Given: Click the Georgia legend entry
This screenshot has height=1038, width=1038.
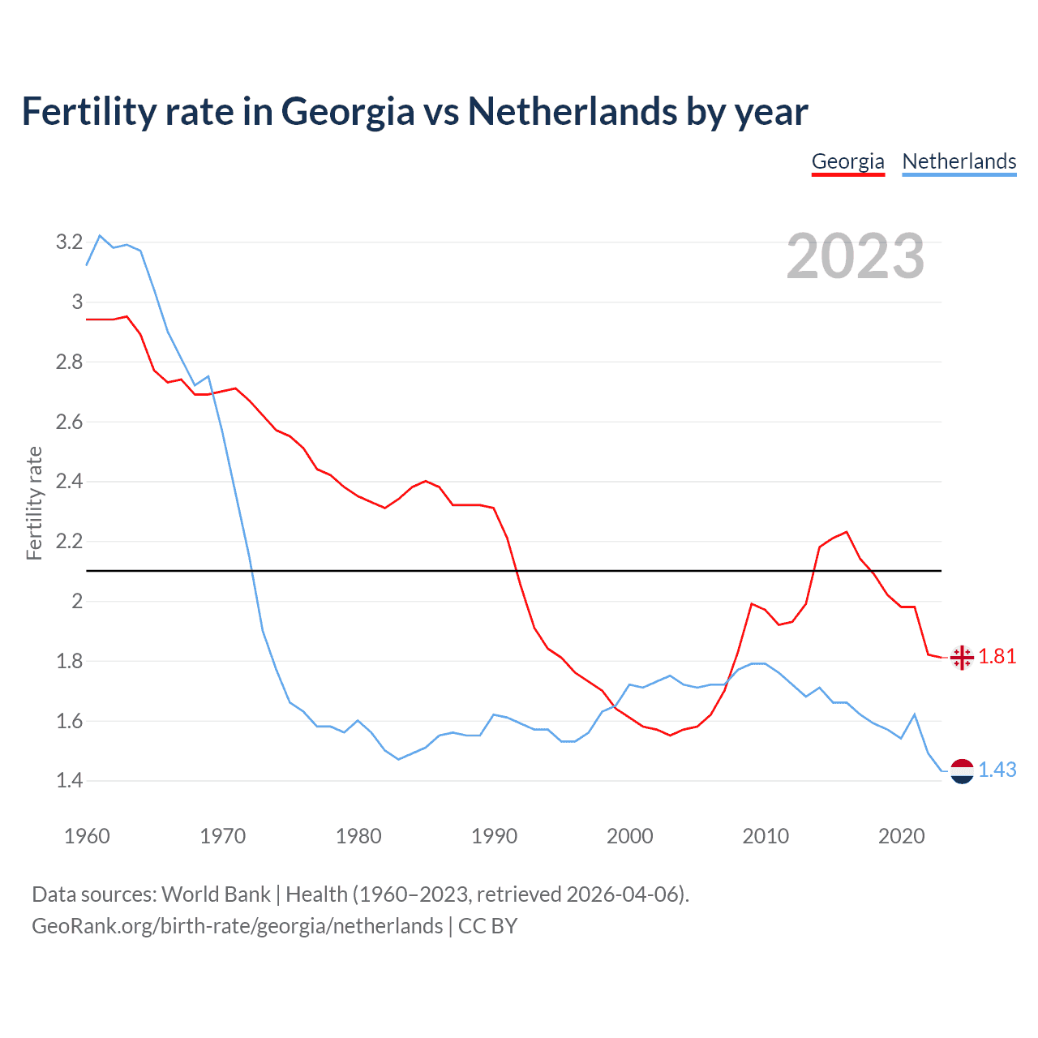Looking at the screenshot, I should tap(847, 161).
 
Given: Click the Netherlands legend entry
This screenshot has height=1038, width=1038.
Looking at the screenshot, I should tap(959, 161).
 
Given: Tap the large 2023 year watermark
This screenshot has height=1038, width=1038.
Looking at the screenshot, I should tap(855, 256).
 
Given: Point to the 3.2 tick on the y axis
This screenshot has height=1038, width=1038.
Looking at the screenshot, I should tap(69, 242).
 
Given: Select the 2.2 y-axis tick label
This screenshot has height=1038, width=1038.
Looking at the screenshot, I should tap(69, 541).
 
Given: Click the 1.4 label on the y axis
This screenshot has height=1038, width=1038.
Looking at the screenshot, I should tap(69, 781).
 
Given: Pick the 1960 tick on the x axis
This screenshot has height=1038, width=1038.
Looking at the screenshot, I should tap(87, 836).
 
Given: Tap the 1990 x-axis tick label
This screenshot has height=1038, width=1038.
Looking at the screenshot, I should tap(494, 836).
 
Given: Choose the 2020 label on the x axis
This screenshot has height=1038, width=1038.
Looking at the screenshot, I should tap(901, 836).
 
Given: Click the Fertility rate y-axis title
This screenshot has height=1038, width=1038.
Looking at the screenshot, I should tap(34, 503).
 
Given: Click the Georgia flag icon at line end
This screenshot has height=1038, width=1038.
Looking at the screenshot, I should tap(962, 658).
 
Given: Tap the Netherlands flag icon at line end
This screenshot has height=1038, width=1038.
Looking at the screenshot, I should tap(962, 771).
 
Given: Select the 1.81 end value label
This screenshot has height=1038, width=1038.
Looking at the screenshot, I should tap(997, 657).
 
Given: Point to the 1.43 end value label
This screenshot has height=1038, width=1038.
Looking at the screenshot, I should tap(997, 770).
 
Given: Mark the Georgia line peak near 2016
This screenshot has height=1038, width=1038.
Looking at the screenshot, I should tap(847, 532).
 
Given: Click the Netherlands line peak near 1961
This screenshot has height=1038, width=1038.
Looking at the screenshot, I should tap(100, 236).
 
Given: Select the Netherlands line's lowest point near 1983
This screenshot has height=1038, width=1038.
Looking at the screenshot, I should tap(398, 759).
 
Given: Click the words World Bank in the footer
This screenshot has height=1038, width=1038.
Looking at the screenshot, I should tap(216, 894).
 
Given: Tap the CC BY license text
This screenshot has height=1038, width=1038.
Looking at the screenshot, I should tap(487, 926).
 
